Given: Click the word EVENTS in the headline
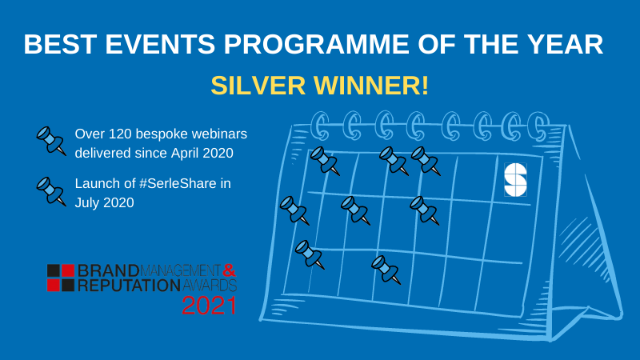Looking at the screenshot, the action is (161, 44).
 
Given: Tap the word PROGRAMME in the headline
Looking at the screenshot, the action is (316, 44).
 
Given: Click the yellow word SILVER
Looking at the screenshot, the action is (258, 86).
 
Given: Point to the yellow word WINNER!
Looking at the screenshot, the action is (371, 86).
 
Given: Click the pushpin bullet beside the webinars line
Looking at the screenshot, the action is (51, 141).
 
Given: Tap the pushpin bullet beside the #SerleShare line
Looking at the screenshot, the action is (51, 191).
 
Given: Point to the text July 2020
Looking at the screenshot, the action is (105, 203).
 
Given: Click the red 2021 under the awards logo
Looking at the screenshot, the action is (209, 306).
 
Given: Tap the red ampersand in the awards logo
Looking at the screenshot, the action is (230, 270).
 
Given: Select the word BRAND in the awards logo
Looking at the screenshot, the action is (108, 270).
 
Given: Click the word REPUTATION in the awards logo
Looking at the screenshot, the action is (129, 286).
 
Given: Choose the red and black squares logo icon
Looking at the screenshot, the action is (61, 278).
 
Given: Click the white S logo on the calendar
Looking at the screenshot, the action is (515, 179).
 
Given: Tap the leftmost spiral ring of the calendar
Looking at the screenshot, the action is (321, 126).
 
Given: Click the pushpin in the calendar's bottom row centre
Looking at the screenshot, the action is (386, 270).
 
